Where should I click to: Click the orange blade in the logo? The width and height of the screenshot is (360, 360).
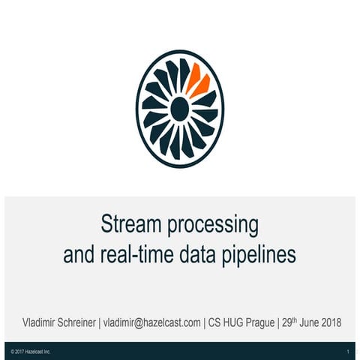coord(199,79)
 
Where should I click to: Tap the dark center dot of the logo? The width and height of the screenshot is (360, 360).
coord(179,109)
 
